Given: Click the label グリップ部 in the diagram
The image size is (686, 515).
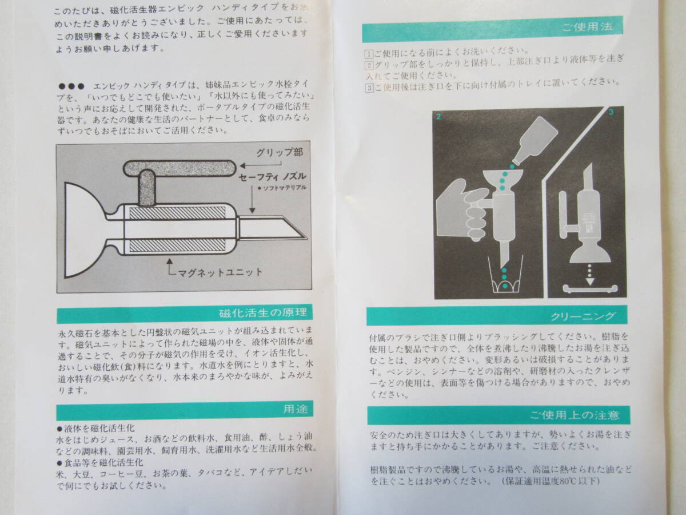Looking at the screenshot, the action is (280, 153).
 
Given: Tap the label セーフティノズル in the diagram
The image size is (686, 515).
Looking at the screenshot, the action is (272, 177).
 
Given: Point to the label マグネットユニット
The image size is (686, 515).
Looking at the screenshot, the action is (220, 272).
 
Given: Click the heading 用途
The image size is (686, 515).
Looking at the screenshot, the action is (296, 409).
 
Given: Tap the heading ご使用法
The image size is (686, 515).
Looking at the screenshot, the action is (587, 27).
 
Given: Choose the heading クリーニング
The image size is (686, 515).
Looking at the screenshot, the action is (583, 316).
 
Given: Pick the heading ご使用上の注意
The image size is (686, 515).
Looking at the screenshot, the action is (575, 415).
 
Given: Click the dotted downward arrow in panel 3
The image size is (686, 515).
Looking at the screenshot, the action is (590, 274).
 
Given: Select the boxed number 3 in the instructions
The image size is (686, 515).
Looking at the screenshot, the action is (369, 88).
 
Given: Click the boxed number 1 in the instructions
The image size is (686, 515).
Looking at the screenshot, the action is (369, 54).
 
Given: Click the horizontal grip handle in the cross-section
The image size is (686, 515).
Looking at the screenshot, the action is (180, 168).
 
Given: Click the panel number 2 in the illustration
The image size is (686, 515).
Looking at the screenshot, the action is (438, 117).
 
